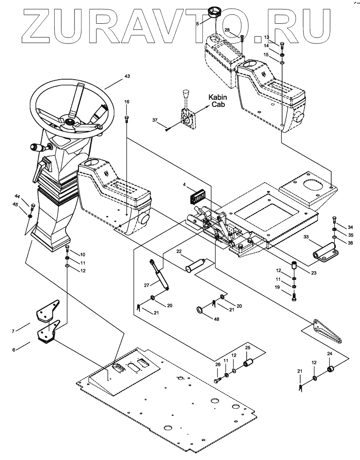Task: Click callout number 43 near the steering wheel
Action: click(x=127, y=76)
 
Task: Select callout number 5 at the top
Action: click(x=198, y=24)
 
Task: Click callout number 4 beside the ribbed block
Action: click(x=184, y=185)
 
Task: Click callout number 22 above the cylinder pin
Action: click(x=179, y=251)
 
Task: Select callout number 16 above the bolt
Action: click(x=127, y=102)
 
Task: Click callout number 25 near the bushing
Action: click(x=248, y=348)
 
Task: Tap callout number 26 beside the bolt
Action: click(x=218, y=365)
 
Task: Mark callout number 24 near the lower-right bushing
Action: click(x=330, y=354)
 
